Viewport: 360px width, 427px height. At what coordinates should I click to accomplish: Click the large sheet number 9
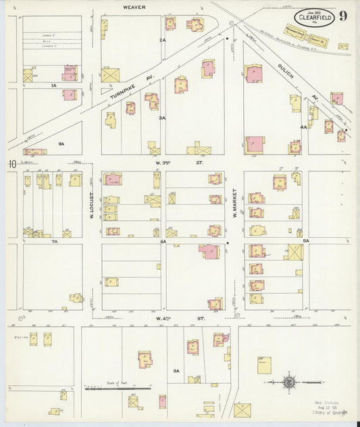pos(344,16)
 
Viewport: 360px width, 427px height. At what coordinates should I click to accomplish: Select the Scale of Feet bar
pos(118,389)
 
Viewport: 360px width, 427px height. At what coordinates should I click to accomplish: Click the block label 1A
pos(53,86)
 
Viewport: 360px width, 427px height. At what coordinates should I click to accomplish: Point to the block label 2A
pos(162,41)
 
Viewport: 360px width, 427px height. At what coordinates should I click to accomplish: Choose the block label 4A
pos(304,126)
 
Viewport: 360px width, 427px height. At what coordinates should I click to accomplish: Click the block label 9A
pos(61,143)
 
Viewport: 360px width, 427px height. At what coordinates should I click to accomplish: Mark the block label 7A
pos(56,241)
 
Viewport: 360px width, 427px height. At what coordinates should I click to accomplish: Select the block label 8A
pos(176,371)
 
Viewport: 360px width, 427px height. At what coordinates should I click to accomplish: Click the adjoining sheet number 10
pos(11,164)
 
